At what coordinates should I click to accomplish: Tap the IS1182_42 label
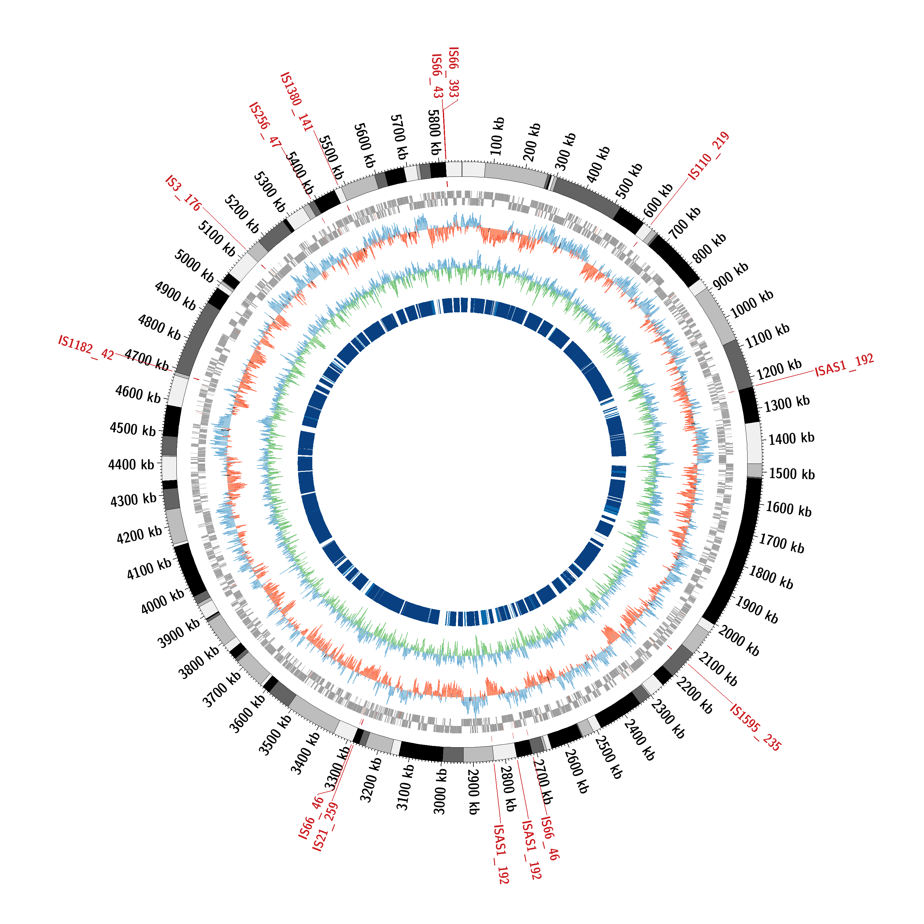[86, 347]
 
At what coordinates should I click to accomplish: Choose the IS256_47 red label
[265, 125]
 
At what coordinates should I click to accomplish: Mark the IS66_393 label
[453, 73]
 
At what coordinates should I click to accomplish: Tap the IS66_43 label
[437, 76]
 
